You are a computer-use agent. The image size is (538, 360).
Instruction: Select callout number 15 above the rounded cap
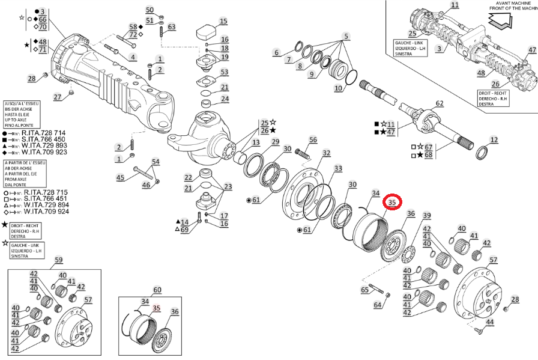(223, 22)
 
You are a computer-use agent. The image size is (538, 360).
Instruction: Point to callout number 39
(426, 216)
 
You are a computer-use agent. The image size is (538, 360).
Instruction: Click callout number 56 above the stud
(312, 140)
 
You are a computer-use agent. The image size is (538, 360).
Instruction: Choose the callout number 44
(490, 323)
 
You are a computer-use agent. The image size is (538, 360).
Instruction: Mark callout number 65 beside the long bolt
(364, 290)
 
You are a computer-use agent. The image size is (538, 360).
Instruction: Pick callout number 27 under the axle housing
(58, 97)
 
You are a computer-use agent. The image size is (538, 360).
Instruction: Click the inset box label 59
(59, 260)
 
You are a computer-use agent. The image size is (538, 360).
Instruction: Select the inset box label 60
(157, 290)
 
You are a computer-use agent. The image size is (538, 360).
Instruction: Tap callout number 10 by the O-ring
(338, 88)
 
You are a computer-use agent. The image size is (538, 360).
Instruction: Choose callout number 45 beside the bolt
(120, 177)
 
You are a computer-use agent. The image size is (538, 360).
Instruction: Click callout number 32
(326, 154)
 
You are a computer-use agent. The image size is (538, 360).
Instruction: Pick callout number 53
(224, 72)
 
